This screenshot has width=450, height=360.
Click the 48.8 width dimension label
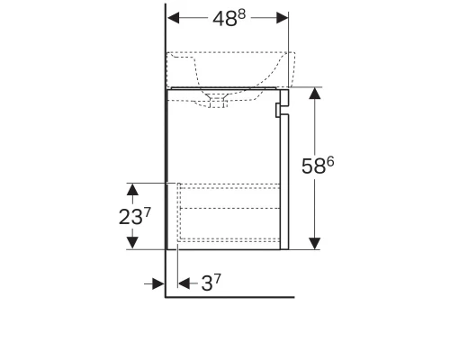[229, 18]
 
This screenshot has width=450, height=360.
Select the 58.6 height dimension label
[318, 166]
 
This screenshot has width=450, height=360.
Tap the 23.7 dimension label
[134, 217]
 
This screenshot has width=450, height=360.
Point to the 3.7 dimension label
[211, 283]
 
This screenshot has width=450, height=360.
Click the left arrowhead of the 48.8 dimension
[174, 18]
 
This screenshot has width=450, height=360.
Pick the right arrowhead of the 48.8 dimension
[283, 18]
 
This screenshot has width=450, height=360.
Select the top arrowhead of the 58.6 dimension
[315, 94]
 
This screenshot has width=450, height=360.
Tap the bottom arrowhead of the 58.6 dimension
[315, 243]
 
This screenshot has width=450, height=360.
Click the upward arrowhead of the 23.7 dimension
[132, 189]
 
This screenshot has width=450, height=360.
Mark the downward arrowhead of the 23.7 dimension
[132, 242]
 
